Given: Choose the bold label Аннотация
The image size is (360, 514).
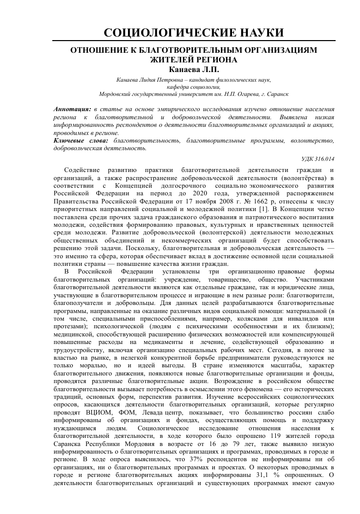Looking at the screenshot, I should tap(70, 109).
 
